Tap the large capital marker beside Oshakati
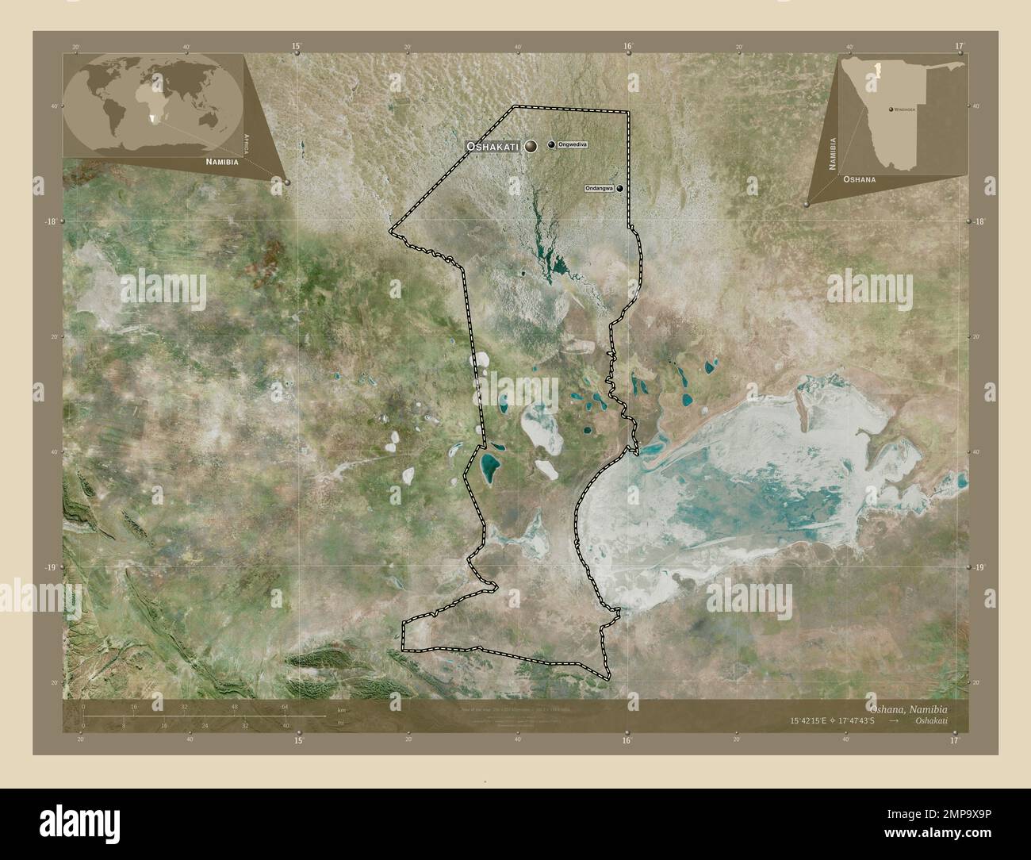(x=530, y=146)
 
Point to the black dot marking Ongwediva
(x=551, y=144)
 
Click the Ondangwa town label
(x=599, y=188)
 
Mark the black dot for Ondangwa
(x=619, y=188)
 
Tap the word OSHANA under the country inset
(x=860, y=180)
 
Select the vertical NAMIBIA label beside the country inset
(x=833, y=152)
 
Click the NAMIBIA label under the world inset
(x=221, y=161)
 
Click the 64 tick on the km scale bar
(x=284, y=706)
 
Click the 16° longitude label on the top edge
(x=627, y=46)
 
